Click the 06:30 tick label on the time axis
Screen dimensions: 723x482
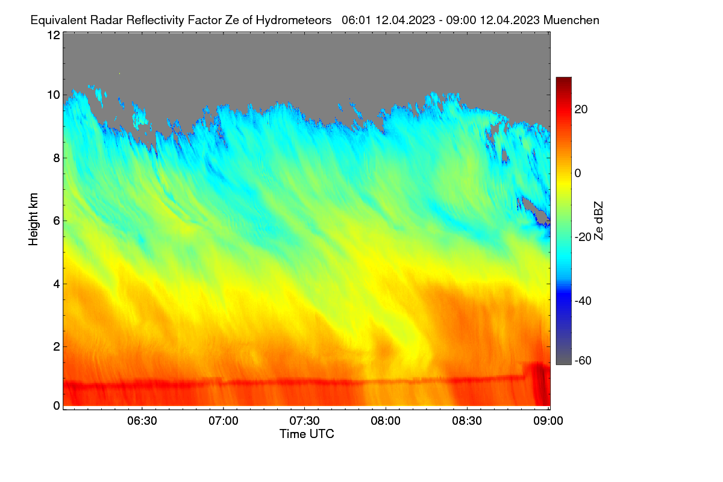(142, 421)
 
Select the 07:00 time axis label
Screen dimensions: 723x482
(224, 421)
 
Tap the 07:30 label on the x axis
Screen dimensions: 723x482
(304, 421)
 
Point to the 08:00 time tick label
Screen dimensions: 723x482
(386, 421)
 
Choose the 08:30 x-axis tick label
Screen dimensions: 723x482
(467, 421)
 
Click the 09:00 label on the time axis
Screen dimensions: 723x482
(548, 421)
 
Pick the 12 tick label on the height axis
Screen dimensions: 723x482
(54, 35)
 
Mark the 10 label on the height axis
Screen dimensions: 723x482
(54, 95)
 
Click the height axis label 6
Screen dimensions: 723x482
(57, 221)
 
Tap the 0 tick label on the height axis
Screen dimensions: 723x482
(57, 406)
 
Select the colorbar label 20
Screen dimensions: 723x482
(581, 110)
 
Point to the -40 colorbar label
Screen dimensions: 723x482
(583, 301)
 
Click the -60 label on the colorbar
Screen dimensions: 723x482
(583, 361)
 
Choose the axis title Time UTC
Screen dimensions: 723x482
(307, 434)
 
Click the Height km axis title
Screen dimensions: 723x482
(33, 219)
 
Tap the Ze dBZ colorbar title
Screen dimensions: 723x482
(598, 221)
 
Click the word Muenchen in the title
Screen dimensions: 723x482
(571, 20)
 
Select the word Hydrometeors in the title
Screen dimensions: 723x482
(294, 20)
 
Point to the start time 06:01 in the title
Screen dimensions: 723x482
(357, 20)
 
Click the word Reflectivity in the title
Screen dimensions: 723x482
(155, 20)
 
